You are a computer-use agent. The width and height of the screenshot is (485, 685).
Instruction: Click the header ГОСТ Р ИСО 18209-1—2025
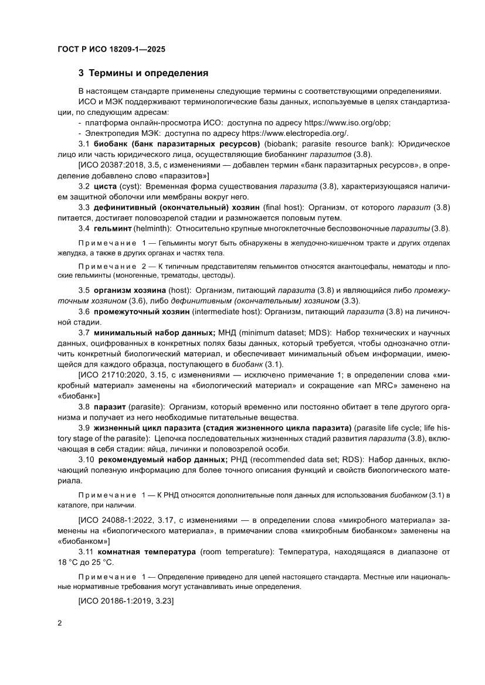pyautogui.click(x=111, y=50)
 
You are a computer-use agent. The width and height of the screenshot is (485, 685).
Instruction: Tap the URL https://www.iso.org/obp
pyautogui.click(x=346, y=123)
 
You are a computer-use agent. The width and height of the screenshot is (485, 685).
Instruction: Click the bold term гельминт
pyautogui.click(x=112, y=228)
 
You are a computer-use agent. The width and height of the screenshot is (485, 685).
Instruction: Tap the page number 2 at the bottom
pyautogui.click(x=59, y=622)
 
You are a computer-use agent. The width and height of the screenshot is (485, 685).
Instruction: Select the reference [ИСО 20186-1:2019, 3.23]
pyautogui.click(x=126, y=601)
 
